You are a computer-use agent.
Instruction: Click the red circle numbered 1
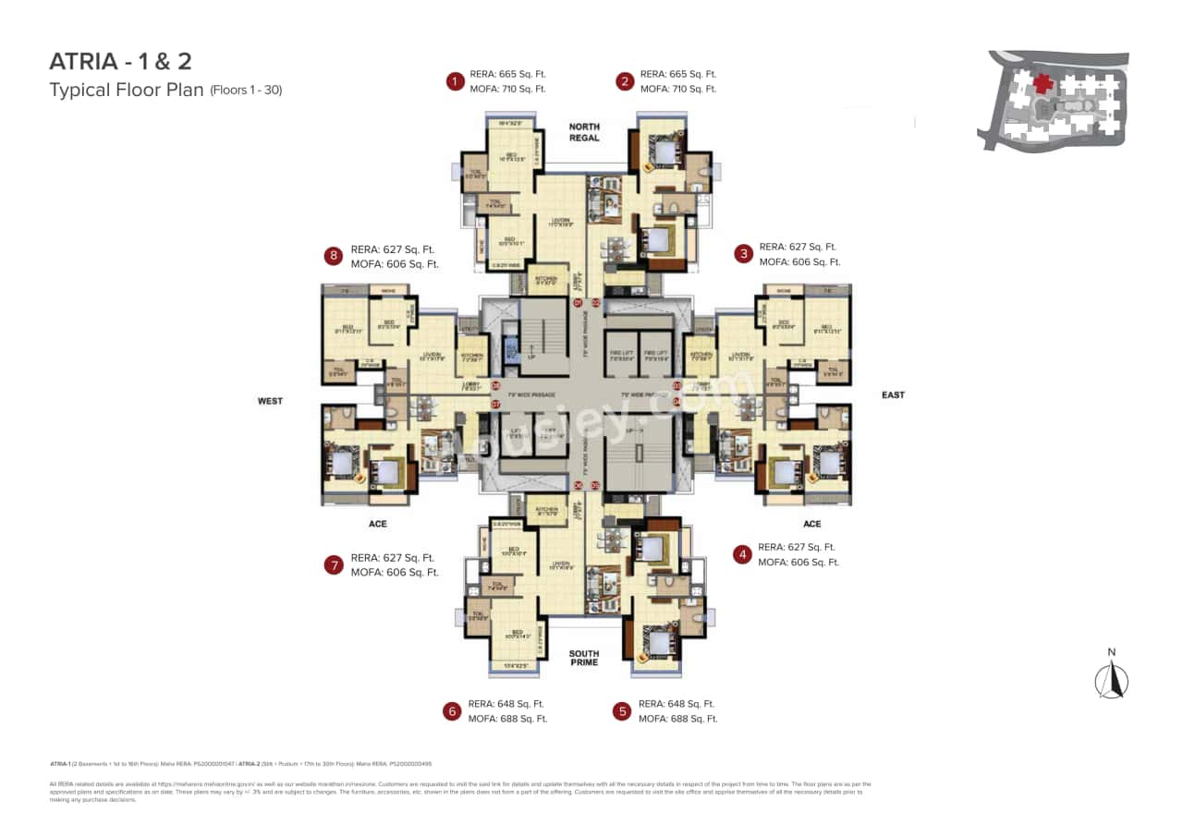[454, 81]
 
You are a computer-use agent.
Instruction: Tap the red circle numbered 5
[622, 711]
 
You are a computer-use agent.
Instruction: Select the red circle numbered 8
[332, 256]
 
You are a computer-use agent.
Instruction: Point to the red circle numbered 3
[742, 254]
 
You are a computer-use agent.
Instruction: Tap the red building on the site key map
[1043, 84]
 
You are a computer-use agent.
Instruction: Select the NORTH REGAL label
[584, 132]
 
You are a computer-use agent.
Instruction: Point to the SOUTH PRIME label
[584, 658]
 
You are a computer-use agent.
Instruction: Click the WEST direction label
[270, 402]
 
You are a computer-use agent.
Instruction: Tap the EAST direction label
[893, 395]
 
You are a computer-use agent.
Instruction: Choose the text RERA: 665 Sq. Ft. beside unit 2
[678, 74]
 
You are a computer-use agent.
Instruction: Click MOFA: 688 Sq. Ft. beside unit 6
[507, 719]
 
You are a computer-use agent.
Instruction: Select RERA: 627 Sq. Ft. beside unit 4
[797, 547]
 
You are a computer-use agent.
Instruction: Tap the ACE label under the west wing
[377, 524]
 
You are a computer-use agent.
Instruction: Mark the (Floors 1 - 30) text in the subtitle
[246, 91]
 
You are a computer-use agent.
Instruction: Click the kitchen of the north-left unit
[546, 279]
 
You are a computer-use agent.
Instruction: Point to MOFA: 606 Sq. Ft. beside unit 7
[395, 573]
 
